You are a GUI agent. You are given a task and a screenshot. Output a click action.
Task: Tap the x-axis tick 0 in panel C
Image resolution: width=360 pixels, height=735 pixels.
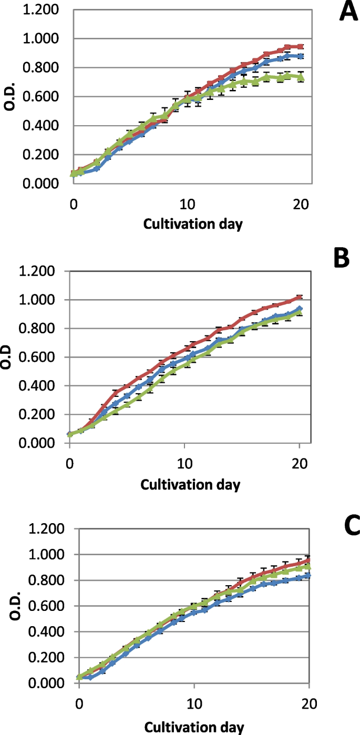(79, 703)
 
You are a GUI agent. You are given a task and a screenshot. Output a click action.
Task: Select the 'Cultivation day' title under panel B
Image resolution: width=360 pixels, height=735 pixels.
(190, 484)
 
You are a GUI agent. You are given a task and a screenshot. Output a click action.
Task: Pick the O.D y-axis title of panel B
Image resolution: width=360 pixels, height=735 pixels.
(8, 358)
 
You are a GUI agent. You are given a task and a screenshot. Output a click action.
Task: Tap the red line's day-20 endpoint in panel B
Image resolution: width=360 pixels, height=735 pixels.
(299, 298)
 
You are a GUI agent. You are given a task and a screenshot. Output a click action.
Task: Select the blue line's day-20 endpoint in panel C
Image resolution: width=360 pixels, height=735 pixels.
(308, 575)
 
